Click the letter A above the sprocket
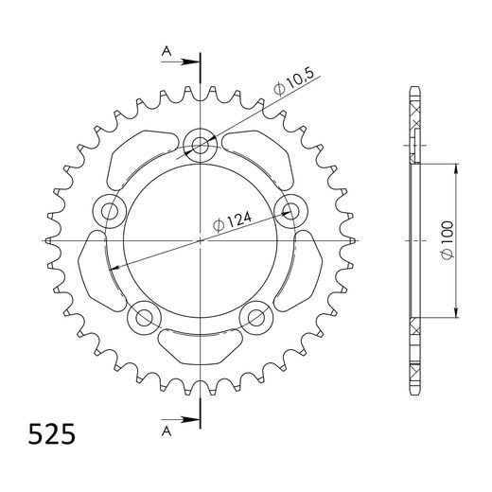[167, 52]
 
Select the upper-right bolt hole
[289, 209]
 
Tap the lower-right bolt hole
[255, 316]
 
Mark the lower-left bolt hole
[145, 316]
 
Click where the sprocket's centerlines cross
[201, 241]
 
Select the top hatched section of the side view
[414, 116]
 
